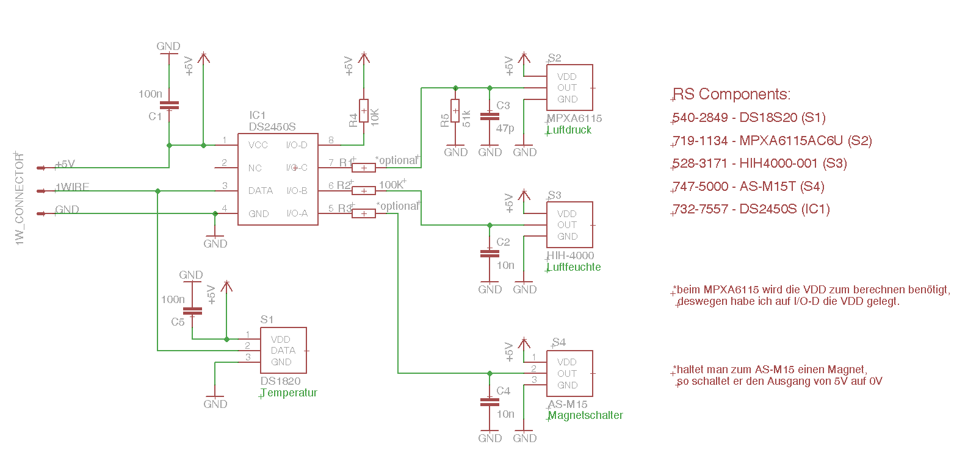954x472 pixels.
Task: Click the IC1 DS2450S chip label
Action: pyautogui.click(x=272, y=121)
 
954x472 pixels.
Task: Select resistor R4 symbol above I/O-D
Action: pyautogui.click(x=364, y=110)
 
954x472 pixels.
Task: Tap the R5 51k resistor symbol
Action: pyautogui.click(x=455, y=110)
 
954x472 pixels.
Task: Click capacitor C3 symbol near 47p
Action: pyautogui.click(x=490, y=115)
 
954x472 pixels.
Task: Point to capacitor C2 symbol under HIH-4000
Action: pyautogui.click(x=490, y=252)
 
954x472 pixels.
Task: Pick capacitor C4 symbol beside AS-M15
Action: pyautogui.click(x=490, y=401)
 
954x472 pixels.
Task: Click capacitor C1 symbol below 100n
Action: pyautogui.click(x=168, y=105)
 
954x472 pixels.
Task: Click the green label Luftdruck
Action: pyautogui.click(x=570, y=130)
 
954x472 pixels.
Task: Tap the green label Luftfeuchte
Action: pyautogui.click(x=574, y=267)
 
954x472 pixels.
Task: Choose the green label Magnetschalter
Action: pyautogui.click(x=586, y=415)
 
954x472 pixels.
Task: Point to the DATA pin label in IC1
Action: pyautogui.click(x=261, y=191)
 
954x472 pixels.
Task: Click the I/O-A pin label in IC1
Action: pyautogui.click(x=297, y=213)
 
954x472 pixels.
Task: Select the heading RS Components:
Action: pyautogui.click(x=732, y=95)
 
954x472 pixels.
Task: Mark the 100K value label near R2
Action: pyautogui.click(x=391, y=184)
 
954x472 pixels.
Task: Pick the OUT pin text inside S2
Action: pyautogui.click(x=567, y=88)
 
